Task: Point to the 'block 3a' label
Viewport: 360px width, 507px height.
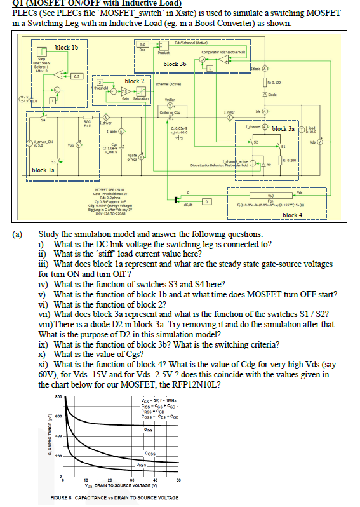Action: [284, 128]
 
